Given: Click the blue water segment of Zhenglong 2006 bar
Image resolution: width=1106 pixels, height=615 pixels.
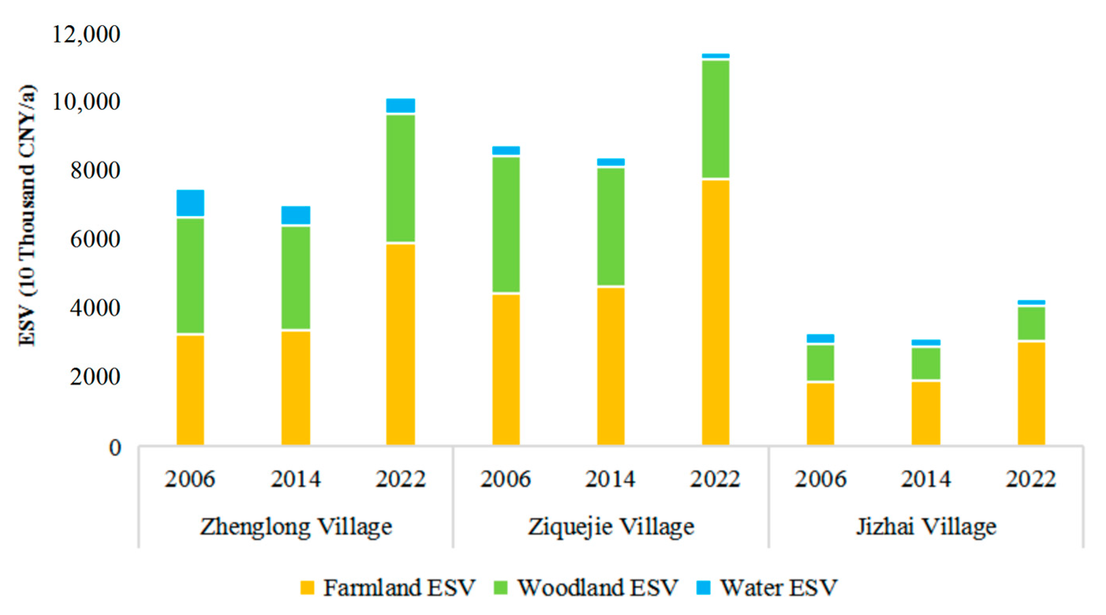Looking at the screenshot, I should (190, 203).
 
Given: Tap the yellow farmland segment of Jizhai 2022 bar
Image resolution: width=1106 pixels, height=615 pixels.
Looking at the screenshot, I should (1031, 393).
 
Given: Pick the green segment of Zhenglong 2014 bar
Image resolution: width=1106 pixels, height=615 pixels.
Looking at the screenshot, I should (295, 277).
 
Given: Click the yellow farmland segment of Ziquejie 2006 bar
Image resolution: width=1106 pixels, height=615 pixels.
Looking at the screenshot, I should (506, 369).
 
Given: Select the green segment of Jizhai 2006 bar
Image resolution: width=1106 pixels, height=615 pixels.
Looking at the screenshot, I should (820, 362).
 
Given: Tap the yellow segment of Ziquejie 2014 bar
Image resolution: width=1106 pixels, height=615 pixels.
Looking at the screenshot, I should (611, 366).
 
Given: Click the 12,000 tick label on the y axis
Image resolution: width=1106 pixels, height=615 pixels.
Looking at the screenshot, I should (86, 34).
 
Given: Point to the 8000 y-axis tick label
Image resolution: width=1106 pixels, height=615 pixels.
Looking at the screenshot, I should (95, 170).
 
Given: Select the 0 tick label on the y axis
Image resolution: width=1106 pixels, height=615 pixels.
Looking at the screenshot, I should (115, 447).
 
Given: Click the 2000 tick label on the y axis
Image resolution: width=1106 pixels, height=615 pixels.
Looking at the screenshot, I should (95, 377).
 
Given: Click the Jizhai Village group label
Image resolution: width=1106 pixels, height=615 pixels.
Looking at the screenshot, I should (926, 527).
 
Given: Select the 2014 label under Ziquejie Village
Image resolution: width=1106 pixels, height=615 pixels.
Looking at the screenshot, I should (610, 479).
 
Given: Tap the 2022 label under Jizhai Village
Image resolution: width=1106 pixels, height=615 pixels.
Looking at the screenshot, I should (1030, 479).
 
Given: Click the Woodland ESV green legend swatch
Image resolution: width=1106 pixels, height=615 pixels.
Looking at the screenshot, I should (501, 587).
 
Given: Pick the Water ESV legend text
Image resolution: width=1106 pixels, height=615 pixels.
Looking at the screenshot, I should (778, 587).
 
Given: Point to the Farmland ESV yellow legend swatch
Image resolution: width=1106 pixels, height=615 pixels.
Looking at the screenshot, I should (307, 587).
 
